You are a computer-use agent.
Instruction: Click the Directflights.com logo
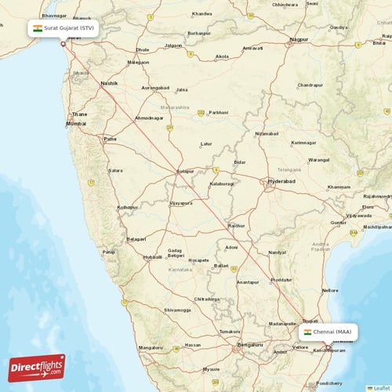pyautogui.click(x=37, y=367)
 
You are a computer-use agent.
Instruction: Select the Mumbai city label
pyautogui.click(x=76, y=124)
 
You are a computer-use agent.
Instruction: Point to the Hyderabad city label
pyautogui.click(x=281, y=181)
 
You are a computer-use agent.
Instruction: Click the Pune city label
pyautogui.click(x=110, y=139)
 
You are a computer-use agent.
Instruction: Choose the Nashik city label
pyautogui.click(x=109, y=83)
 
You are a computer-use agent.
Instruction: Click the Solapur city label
pyautogui.click(x=186, y=170)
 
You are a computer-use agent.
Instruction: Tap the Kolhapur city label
pyautogui.click(x=127, y=207)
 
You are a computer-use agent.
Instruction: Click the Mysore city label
pyautogui.click(x=211, y=368)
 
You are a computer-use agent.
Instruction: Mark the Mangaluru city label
pyautogui.click(x=151, y=347)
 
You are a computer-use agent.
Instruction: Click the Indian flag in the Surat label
pyautogui.click(x=37, y=27)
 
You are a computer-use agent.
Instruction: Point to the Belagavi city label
pyautogui.click(x=136, y=238)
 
